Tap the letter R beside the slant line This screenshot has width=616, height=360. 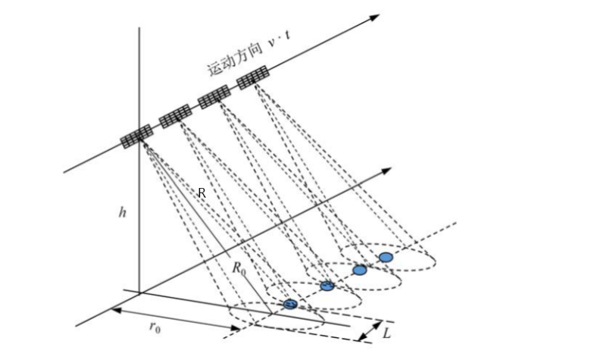202,193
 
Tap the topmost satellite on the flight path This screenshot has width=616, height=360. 253,77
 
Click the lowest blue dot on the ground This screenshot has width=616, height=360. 291,304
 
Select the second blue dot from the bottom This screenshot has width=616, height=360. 327,286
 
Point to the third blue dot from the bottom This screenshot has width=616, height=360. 360,270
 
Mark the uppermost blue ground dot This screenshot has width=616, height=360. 386,258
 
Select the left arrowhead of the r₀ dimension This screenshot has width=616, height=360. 115,310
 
